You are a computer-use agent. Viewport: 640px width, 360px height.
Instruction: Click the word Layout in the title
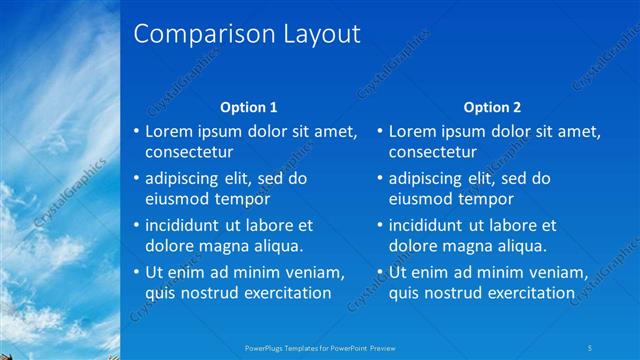click(x=311, y=35)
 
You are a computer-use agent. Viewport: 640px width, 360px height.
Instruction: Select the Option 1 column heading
click(x=248, y=107)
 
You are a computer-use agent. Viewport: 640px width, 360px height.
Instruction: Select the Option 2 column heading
click(x=492, y=107)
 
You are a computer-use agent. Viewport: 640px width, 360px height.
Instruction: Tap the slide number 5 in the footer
click(x=592, y=348)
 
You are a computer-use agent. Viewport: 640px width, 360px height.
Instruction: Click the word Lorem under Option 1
click(x=170, y=131)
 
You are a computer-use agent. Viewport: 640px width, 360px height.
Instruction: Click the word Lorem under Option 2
click(x=413, y=131)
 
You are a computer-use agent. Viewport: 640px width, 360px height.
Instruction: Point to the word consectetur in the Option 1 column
click(x=189, y=153)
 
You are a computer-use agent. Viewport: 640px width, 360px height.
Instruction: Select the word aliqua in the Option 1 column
click(x=276, y=246)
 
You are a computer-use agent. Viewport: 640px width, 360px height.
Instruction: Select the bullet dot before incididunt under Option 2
click(x=381, y=225)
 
